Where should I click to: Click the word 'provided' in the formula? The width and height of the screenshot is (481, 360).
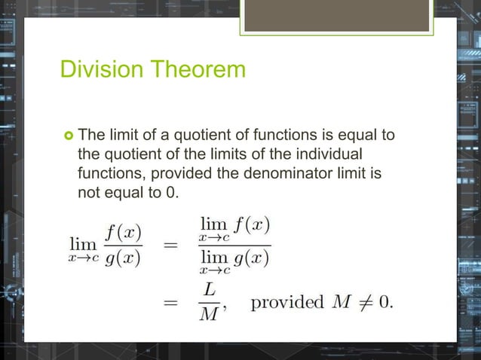point(287,303)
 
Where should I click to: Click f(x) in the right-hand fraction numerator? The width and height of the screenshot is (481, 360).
point(253,224)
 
